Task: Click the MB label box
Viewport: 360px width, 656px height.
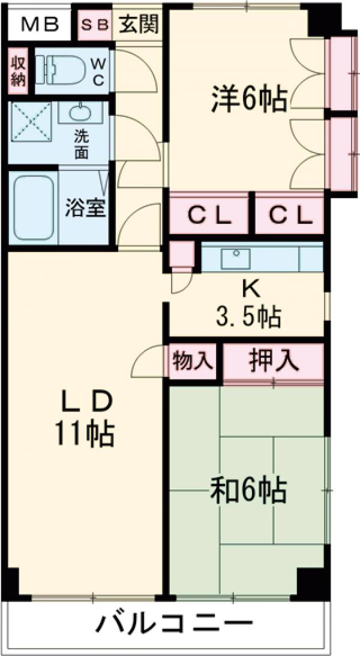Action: [40, 25]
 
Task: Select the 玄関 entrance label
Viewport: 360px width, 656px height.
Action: [139, 25]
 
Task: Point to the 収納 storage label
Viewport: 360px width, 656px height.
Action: [18, 71]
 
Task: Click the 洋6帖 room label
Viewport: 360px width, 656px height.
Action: [248, 98]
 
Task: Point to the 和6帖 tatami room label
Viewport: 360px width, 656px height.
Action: [247, 491]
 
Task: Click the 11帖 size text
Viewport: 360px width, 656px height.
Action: [85, 433]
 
